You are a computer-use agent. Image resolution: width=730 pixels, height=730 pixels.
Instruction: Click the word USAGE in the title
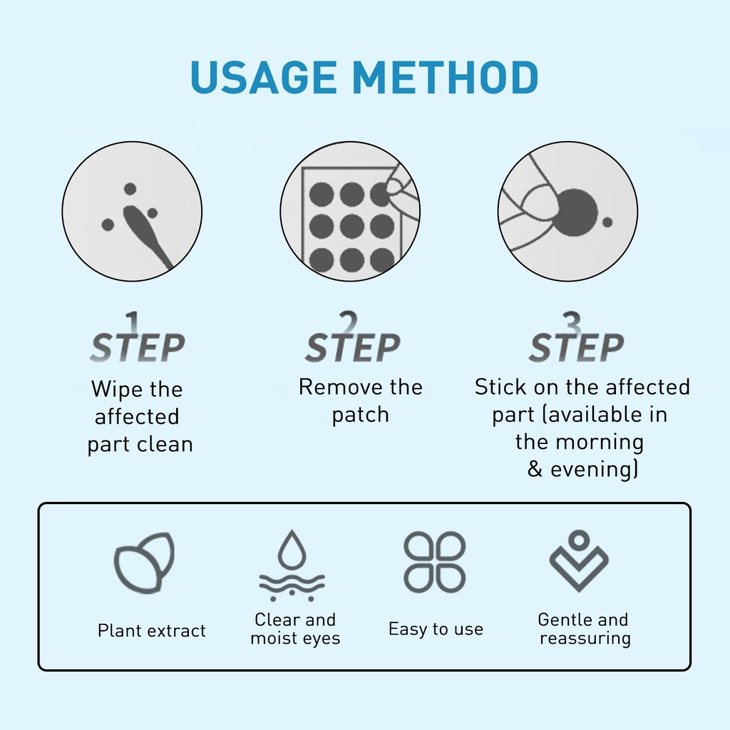(x=264, y=77)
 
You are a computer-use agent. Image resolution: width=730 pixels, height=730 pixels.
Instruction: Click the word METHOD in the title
(x=446, y=77)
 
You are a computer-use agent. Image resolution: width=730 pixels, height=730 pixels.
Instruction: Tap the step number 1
(x=133, y=323)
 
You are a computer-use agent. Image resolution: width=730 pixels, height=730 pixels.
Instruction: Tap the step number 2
(x=348, y=323)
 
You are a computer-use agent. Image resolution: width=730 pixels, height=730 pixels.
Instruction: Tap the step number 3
(x=572, y=323)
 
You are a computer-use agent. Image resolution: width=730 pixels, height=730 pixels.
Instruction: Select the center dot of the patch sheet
(x=351, y=227)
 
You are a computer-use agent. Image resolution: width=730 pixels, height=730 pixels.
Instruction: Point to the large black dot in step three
(x=576, y=213)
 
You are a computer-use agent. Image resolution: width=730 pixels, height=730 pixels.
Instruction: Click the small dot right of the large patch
(x=607, y=222)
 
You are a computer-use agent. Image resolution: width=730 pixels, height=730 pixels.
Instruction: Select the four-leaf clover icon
(x=435, y=562)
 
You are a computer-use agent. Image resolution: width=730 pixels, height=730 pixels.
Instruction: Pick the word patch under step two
(x=360, y=414)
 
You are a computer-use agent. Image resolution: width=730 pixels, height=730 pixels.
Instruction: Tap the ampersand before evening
(x=535, y=469)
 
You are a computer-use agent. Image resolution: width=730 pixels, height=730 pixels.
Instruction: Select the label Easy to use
(x=436, y=629)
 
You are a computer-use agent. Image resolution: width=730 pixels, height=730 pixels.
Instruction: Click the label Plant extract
(x=152, y=630)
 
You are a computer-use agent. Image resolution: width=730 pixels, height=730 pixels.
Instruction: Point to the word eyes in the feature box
(x=320, y=639)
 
